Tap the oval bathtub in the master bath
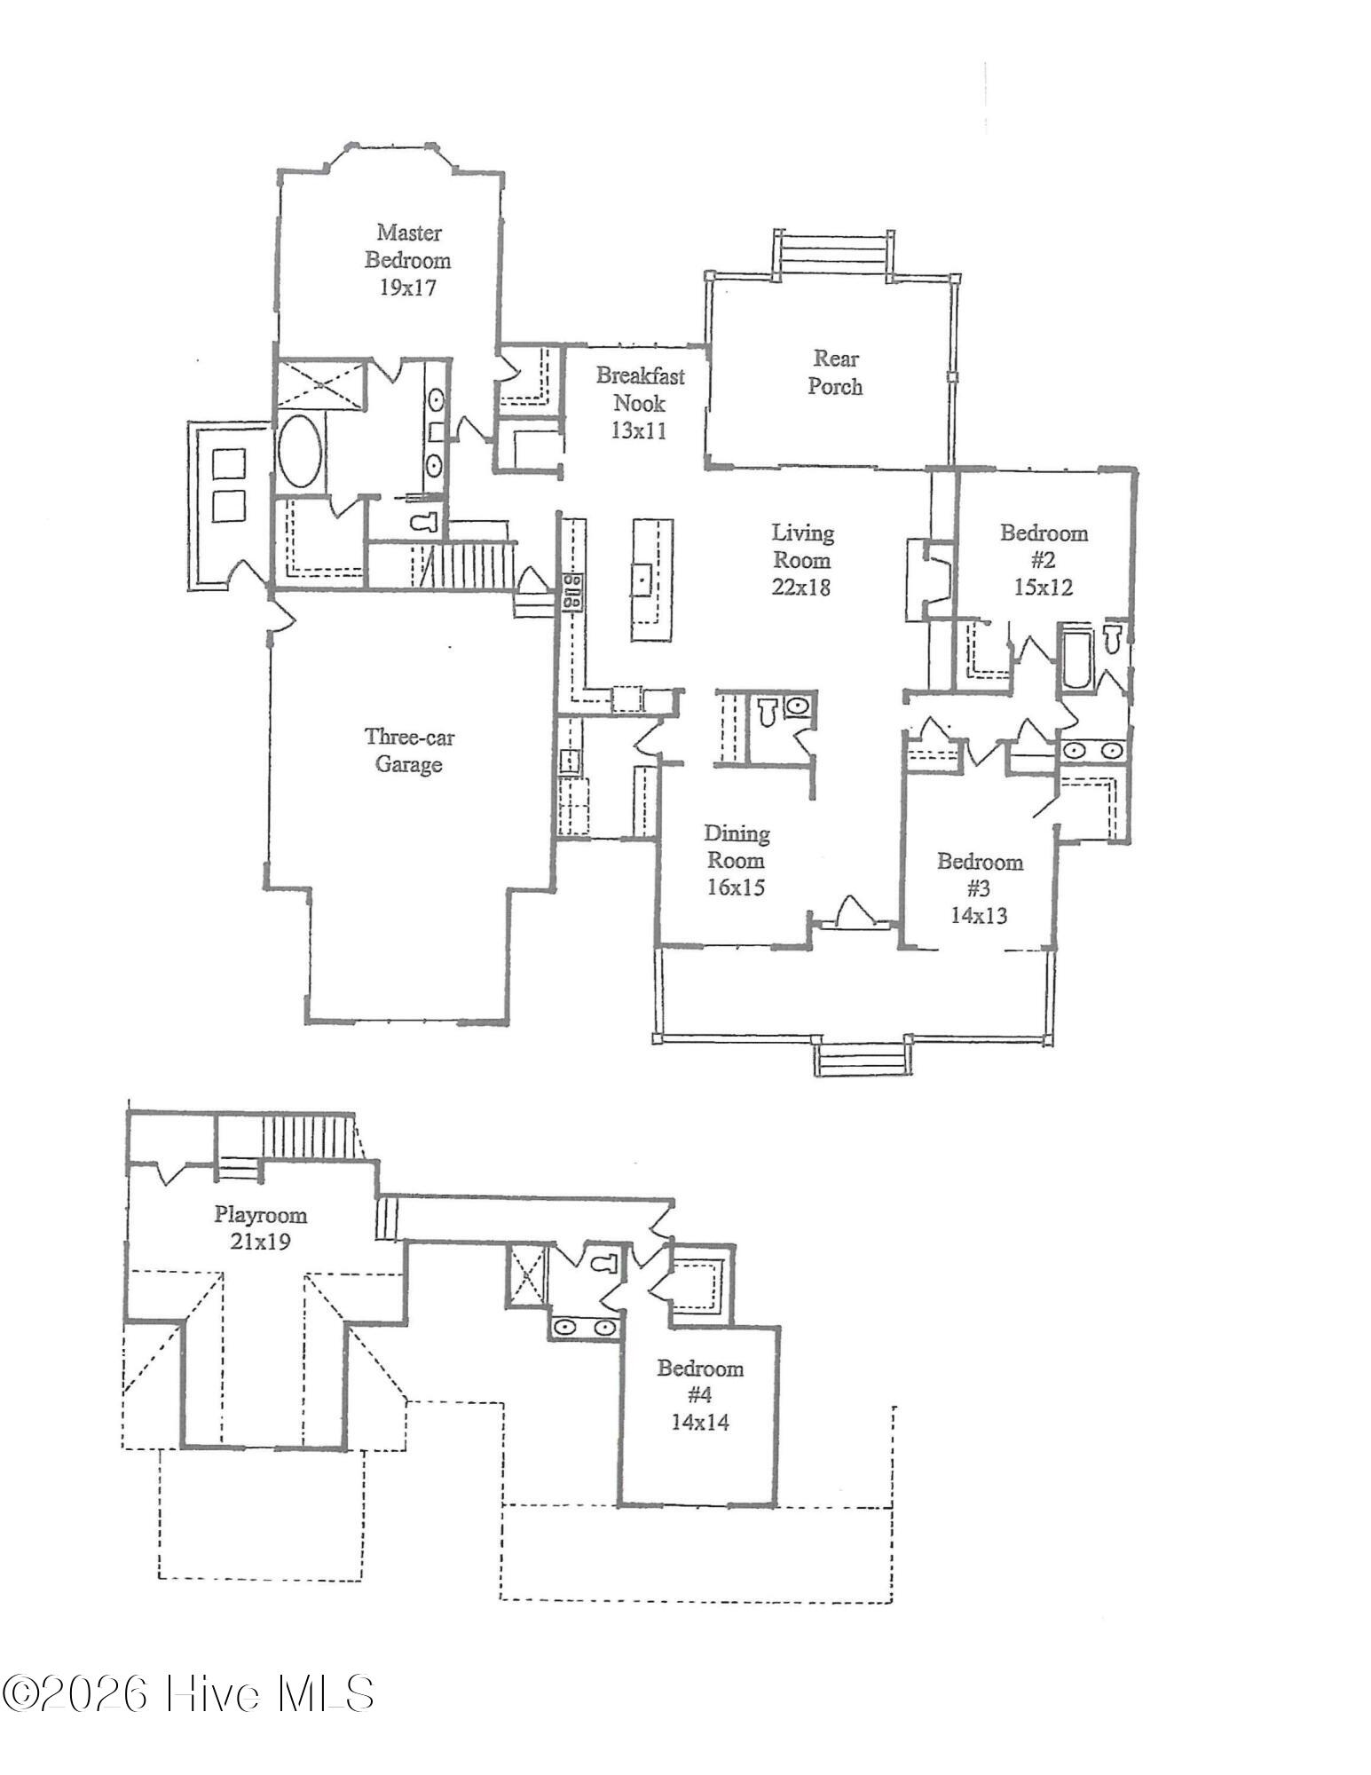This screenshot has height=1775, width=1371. point(301,450)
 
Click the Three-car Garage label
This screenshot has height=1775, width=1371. point(408,750)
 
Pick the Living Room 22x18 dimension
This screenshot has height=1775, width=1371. point(801,587)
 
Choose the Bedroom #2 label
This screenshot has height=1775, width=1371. point(1044,546)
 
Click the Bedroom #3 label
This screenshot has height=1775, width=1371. point(980,874)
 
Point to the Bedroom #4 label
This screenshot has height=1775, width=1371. point(699,1382)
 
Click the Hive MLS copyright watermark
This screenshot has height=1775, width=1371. point(188,1693)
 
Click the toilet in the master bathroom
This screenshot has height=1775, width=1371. point(426,522)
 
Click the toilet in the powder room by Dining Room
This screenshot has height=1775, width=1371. point(767,710)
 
